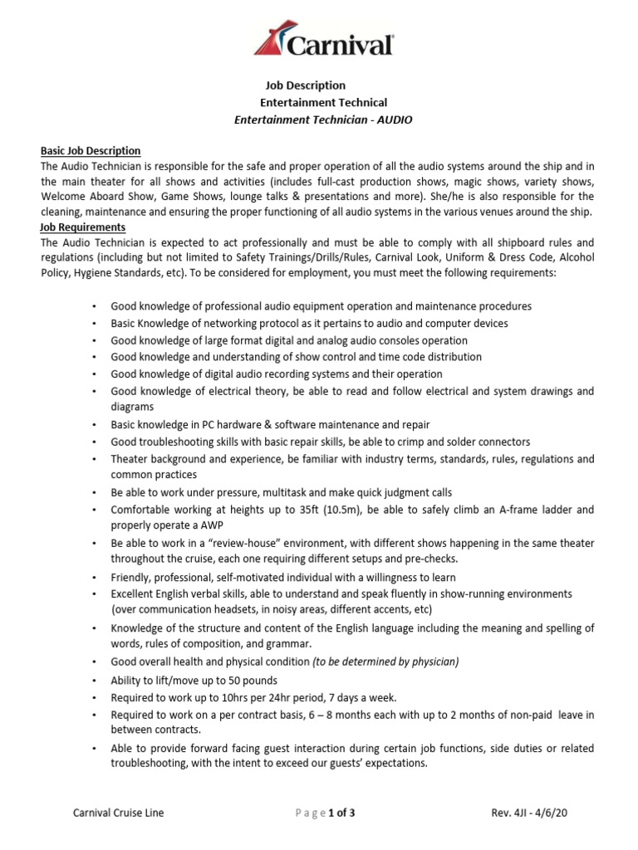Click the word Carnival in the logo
[x=341, y=44]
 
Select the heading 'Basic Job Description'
[x=91, y=150]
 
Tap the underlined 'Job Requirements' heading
[x=83, y=227]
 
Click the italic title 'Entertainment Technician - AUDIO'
[x=324, y=120]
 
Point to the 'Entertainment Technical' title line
[x=323, y=102]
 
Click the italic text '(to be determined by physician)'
[x=385, y=662]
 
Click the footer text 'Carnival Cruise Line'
[x=119, y=813]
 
